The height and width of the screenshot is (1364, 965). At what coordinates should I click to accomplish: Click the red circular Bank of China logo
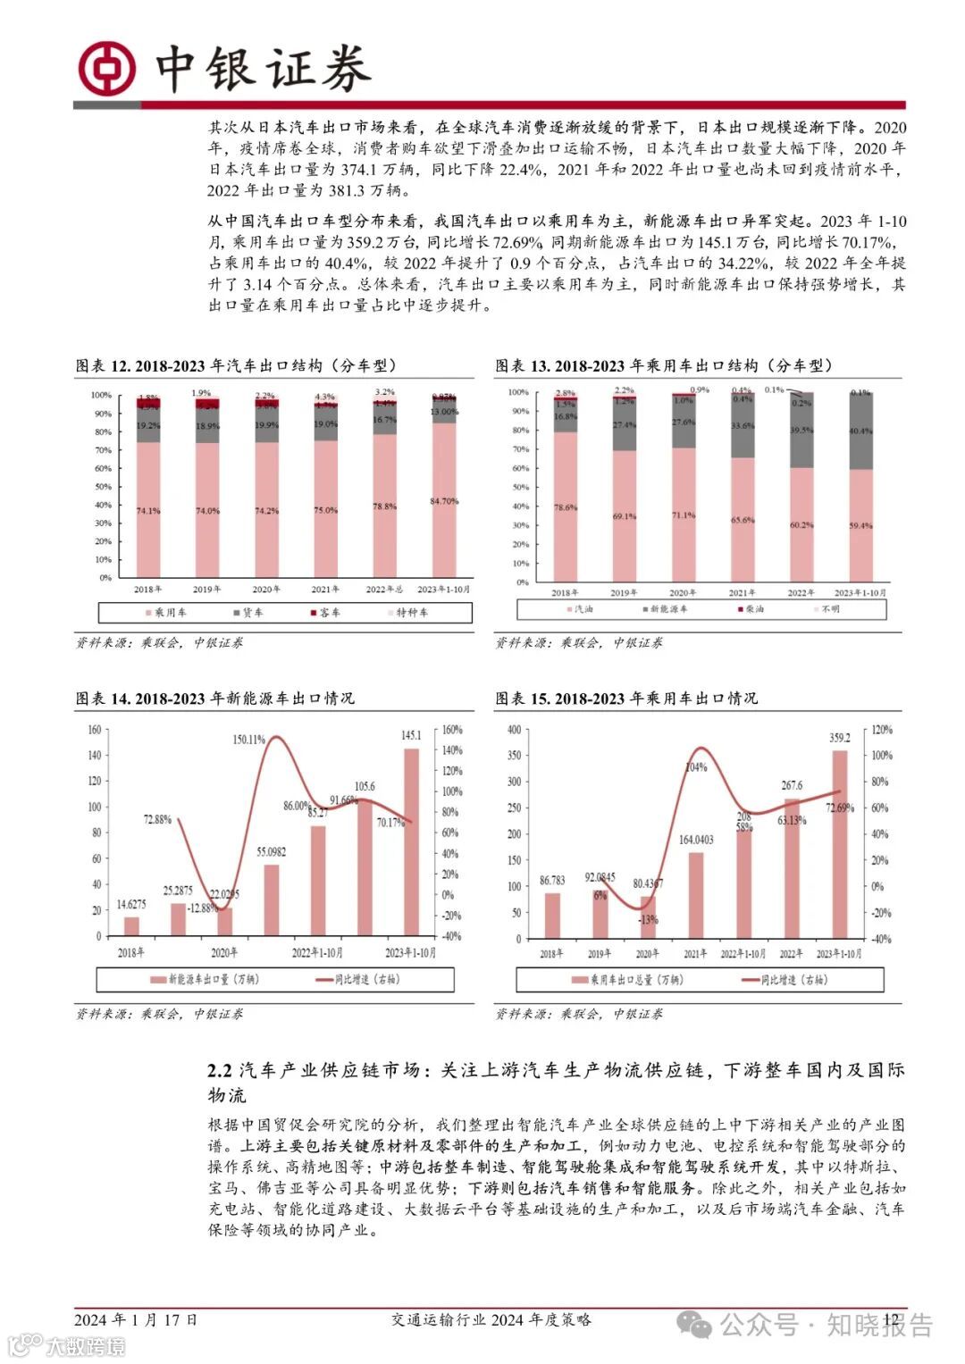(107, 69)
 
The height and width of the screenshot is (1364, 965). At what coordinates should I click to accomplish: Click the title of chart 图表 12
(237, 365)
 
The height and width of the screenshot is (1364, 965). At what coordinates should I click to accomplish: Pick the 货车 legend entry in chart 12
(248, 613)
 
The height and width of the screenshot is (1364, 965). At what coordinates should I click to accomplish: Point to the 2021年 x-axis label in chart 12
(325, 590)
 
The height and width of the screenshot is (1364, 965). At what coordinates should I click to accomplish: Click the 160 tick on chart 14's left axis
(95, 730)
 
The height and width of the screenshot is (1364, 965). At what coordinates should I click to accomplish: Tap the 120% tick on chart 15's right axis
(882, 730)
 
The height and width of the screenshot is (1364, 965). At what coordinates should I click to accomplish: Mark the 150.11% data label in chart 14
(249, 740)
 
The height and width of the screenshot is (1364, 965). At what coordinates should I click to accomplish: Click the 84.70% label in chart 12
(444, 501)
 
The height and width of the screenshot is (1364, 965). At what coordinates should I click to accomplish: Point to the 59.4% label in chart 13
(860, 526)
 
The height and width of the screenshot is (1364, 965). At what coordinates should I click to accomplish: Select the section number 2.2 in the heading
(220, 1070)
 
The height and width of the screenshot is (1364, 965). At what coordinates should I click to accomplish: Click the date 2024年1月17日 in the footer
(136, 1319)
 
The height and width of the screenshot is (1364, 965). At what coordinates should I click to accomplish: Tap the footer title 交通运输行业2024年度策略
(491, 1319)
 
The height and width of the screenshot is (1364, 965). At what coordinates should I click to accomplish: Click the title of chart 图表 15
(626, 699)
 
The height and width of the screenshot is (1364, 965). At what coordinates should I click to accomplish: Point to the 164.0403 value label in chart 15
(696, 840)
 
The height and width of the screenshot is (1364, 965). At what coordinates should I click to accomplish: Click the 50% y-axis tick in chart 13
(519, 487)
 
